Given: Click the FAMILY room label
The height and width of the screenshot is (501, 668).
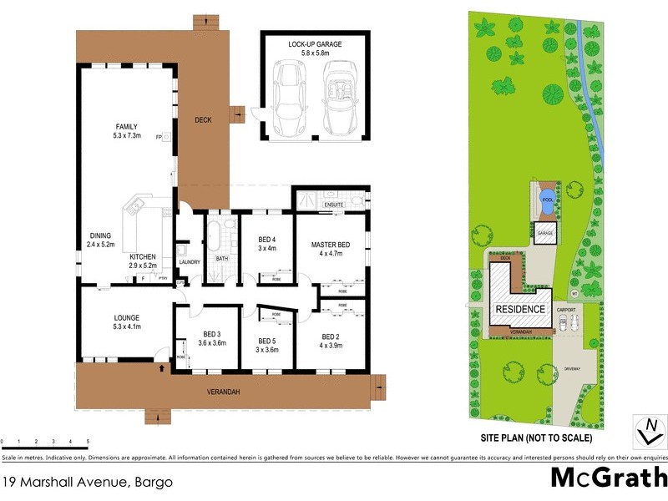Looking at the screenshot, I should (x=127, y=126).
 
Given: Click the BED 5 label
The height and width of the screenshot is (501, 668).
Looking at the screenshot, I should (x=266, y=341).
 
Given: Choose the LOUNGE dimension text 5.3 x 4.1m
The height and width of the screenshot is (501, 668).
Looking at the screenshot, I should (x=127, y=326).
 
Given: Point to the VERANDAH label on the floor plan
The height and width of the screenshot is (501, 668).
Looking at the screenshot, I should (x=224, y=392).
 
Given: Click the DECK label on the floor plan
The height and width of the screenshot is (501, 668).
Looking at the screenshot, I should (x=203, y=119).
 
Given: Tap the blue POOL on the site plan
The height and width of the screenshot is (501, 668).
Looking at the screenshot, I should (x=548, y=200).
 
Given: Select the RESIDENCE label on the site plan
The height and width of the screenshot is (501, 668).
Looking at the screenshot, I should (x=520, y=309).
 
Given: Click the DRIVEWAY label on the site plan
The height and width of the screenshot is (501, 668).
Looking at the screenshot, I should (x=573, y=368).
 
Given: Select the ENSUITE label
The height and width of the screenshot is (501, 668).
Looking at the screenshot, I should (x=334, y=203).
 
